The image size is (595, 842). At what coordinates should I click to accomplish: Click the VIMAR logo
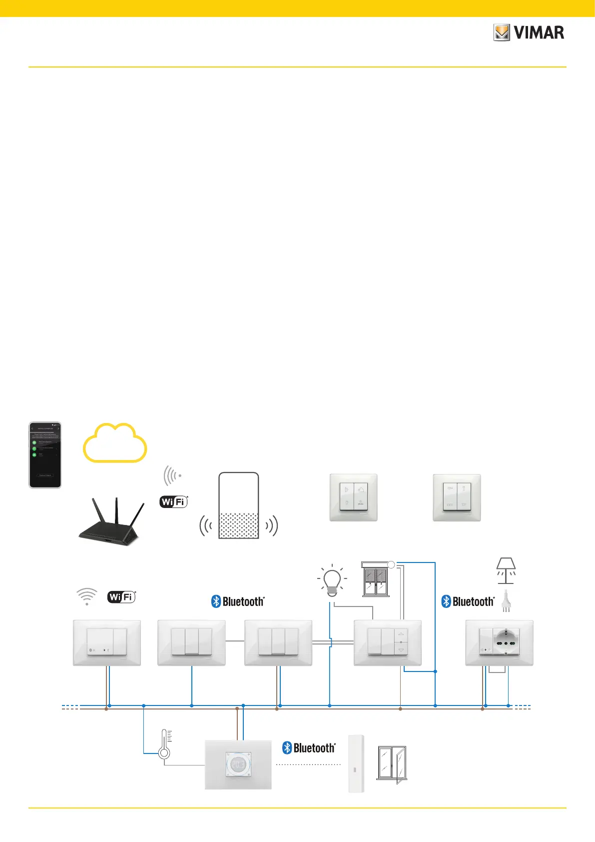click(529, 33)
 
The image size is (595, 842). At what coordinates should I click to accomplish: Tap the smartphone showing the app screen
click(45, 454)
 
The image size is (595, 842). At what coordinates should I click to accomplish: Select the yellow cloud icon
click(115, 443)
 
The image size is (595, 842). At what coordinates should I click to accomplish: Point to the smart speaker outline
click(239, 505)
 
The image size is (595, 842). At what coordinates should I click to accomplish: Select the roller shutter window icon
click(376, 579)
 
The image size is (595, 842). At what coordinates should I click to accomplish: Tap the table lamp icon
click(506, 570)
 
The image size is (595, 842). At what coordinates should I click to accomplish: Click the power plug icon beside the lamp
click(506, 601)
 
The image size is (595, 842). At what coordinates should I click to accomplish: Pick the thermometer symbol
click(164, 745)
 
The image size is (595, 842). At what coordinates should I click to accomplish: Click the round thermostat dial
click(238, 764)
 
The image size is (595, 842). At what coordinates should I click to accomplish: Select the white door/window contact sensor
click(356, 763)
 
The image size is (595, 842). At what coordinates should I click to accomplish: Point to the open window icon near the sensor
click(392, 763)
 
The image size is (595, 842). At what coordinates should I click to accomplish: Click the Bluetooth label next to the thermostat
click(309, 748)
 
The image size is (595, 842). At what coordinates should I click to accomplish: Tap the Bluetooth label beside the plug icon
click(468, 601)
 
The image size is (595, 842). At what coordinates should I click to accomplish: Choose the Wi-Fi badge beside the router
click(173, 501)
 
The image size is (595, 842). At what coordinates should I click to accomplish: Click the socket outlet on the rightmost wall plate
click(507, 642)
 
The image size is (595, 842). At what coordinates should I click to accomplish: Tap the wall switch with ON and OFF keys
click(457, 497)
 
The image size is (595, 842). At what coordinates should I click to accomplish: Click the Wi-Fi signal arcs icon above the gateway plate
click(87, 596)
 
